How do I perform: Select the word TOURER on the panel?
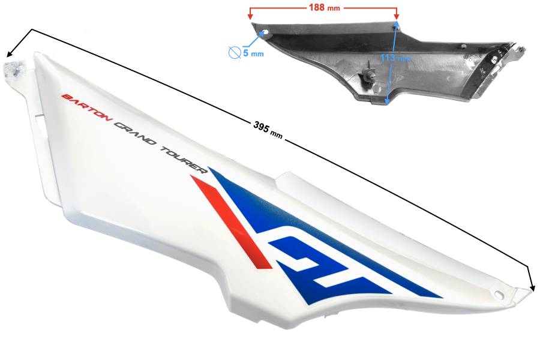(x=184, y=160)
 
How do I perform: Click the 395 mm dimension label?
(x=268, y=130)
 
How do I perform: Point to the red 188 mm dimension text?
(x=324, y=7)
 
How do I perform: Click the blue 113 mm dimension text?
(x=395, y=58)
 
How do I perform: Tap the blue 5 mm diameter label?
(x=253, y=53)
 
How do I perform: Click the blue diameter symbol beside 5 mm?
(x=235, y=53)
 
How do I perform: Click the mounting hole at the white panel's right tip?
(x=499, y=294)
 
